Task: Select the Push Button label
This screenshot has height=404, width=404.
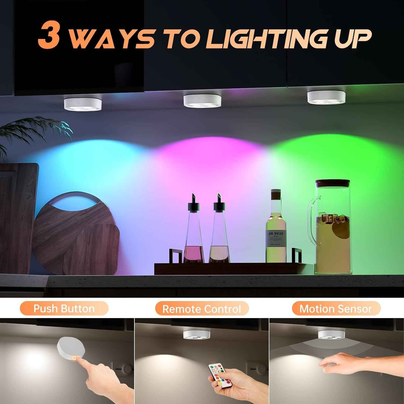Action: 64,308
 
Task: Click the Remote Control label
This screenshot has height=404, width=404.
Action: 202,309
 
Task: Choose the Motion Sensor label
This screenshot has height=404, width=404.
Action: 336,308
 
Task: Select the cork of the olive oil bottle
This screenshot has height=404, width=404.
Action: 276,196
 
